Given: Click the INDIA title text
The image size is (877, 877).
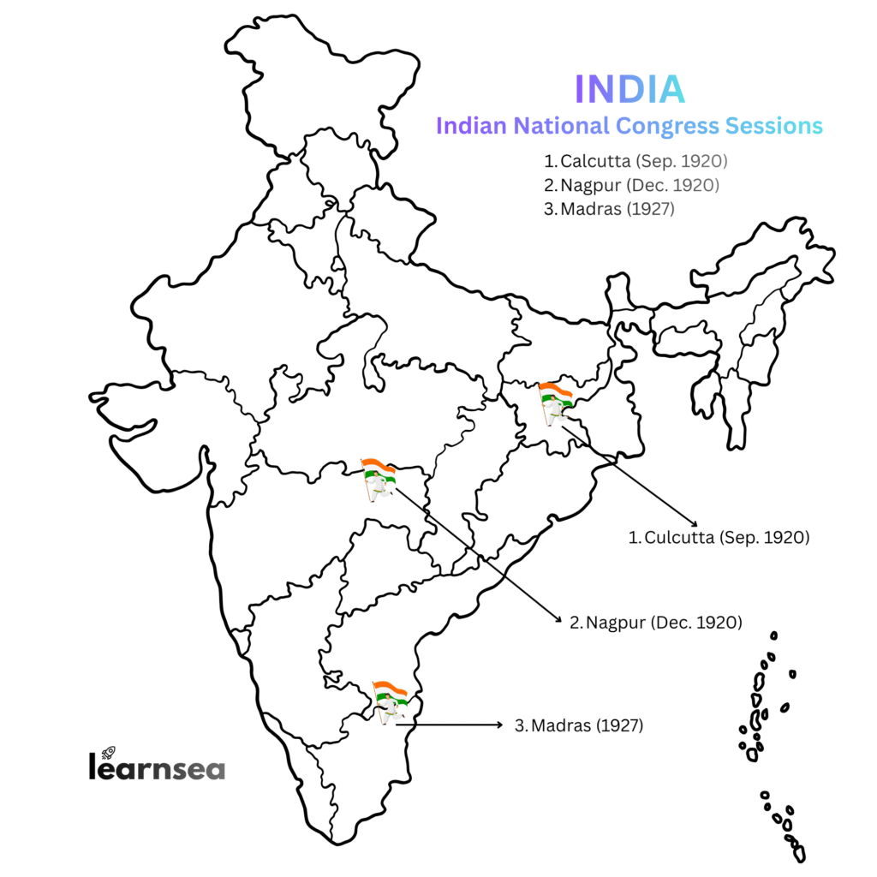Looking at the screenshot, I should (x=629, y=89).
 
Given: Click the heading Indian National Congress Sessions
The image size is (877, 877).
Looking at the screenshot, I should (x=629, y=126).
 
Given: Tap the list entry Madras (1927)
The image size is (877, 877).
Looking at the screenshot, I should (x=609, y=208).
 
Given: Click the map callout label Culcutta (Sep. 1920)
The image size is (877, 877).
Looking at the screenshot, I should (x=719, y=538).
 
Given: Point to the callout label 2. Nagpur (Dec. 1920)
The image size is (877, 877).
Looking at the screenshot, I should (x=655, y=622).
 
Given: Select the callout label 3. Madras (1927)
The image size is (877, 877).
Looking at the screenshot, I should (x=578, y=725).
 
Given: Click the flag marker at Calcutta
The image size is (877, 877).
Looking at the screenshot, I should (x=555, y=402).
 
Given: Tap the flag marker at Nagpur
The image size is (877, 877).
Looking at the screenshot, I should (x=378, y=480).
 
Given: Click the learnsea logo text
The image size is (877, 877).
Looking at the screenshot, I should (x=157, y=767).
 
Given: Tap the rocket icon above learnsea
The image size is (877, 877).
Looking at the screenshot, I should (x=109, y=752).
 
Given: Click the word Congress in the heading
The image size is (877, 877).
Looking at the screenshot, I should (x=669, y=126).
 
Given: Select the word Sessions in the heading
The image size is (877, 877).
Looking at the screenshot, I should (x=774, y=126).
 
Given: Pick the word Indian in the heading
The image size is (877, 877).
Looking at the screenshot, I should (x=472, y=126).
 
